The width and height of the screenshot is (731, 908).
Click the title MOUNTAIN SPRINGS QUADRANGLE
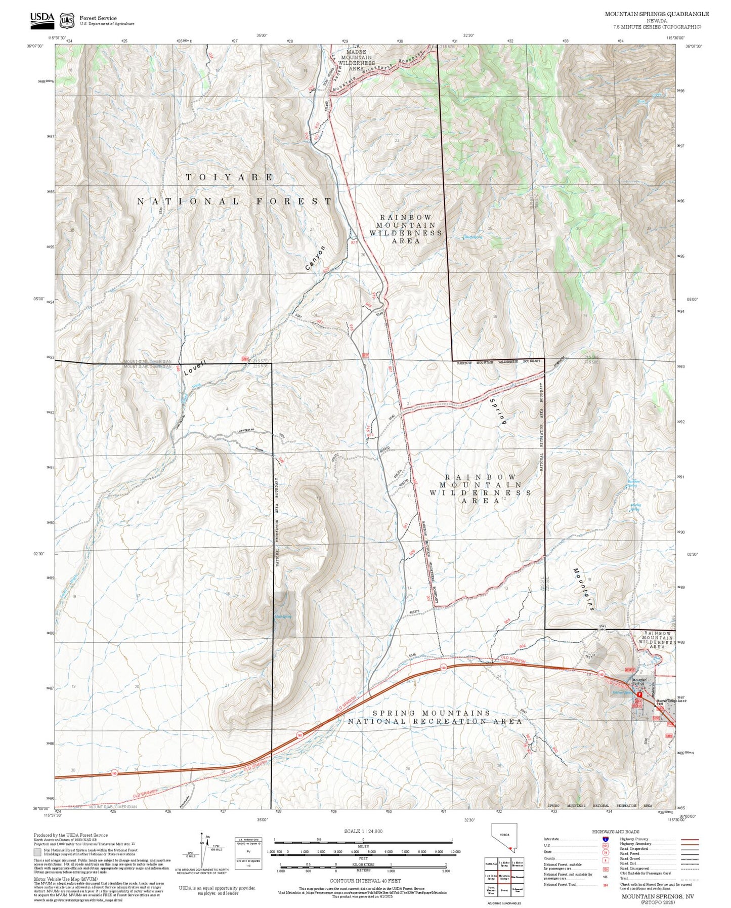[x=657, y=14]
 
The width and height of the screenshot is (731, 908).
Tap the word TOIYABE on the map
[x=230, y=177]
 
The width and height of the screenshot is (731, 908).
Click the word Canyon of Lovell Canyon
[x=315, y=258]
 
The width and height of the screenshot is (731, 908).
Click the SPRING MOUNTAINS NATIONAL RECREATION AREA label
[x=434, y=717]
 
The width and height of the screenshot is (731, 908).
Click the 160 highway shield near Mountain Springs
[x=601, y=674]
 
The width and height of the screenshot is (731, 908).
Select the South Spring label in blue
[x=473, y=237]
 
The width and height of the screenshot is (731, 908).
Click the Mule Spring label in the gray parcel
[x=283, y=616]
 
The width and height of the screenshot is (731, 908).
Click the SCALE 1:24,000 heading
[x=363, y=831]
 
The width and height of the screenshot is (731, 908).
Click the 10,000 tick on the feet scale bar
[x=455, y=852]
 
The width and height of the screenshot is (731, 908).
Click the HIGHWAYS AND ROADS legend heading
[x=616, y=832]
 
